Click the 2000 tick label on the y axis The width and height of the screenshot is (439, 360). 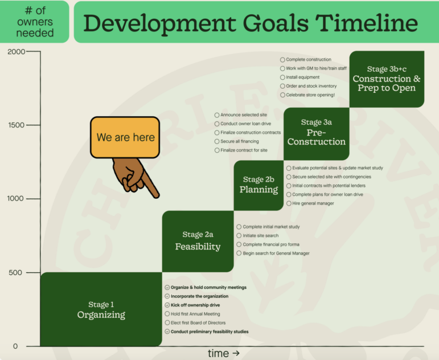tap(17, 52)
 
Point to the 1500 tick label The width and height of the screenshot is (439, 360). tap(17, 125)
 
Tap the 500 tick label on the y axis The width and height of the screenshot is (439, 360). tap(15, 273)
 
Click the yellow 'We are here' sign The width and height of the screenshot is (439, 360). tap(125, 137)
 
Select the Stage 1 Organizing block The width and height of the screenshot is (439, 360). tap(101, 309)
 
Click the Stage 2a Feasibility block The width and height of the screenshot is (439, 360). tap(198, 241)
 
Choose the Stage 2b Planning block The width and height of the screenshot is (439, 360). tap(259, 185)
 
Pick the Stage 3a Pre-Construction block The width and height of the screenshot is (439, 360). tap(317, 134)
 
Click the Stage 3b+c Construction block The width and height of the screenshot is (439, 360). tap(387, 79)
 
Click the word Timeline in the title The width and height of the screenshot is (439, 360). tap(367, 23)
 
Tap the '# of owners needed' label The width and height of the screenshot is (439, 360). tap(35, 22)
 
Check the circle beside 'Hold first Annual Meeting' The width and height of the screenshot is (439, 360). tap(167, 314)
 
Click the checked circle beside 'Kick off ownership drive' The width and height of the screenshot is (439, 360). tap(167, 305)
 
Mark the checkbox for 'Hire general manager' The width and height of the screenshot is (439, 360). tap(289, 203)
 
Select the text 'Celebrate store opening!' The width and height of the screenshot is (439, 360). tap(310, 95)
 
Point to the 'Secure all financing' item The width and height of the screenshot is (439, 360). tap(239, 141)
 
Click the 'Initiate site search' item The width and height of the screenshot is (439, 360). tap(261, 236)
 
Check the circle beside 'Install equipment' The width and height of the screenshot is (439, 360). tap(283, 77)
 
